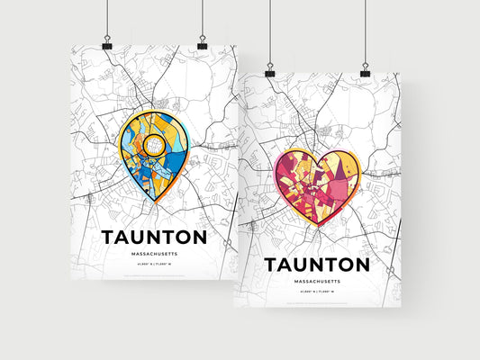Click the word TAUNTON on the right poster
316,265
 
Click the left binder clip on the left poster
107,43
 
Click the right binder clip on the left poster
202,43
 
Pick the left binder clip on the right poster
270,70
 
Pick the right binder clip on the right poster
365,70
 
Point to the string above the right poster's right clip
365,31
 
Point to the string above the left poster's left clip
107,18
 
